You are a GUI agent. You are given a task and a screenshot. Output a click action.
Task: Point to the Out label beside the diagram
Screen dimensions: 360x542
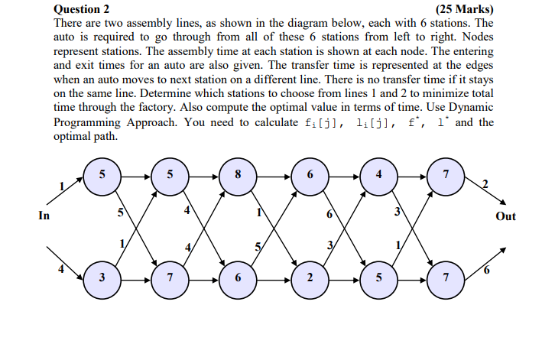click(x=505, y=216)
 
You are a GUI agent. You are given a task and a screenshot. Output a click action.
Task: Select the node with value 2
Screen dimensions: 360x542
click(x=309, y=277)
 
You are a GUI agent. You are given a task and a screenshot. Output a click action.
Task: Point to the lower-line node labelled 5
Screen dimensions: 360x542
click(x=379, y=277)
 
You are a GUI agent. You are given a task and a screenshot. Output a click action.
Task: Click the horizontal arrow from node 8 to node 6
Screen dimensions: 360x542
click(x=274, y=175)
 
